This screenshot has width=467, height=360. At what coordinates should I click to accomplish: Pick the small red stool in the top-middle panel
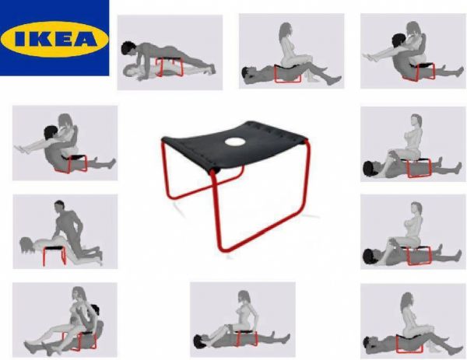click(x=288, y=72)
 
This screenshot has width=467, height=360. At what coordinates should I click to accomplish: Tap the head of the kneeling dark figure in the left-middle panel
click(x=60, y=208)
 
